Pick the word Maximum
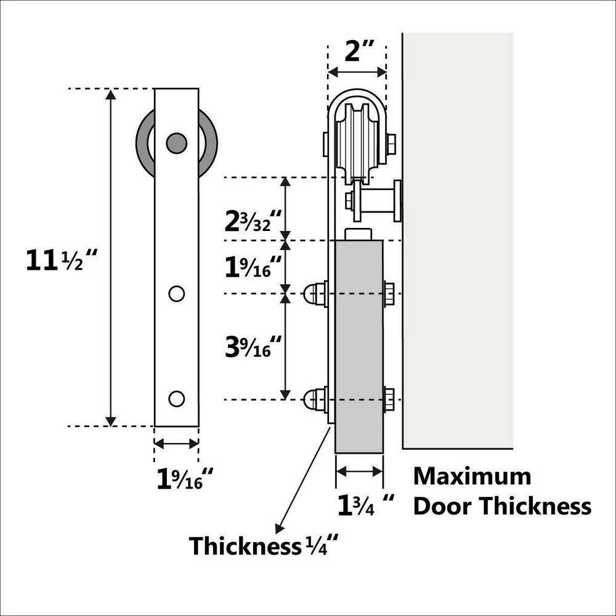click(472, 476)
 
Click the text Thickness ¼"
click(264, 546)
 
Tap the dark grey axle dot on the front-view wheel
click(176, 143)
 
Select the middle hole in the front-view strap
click(176, 294)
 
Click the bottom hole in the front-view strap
click(176, 399)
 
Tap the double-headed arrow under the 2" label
click(357, 72)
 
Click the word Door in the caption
click(444, 506)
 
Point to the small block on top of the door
click(359, 234)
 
